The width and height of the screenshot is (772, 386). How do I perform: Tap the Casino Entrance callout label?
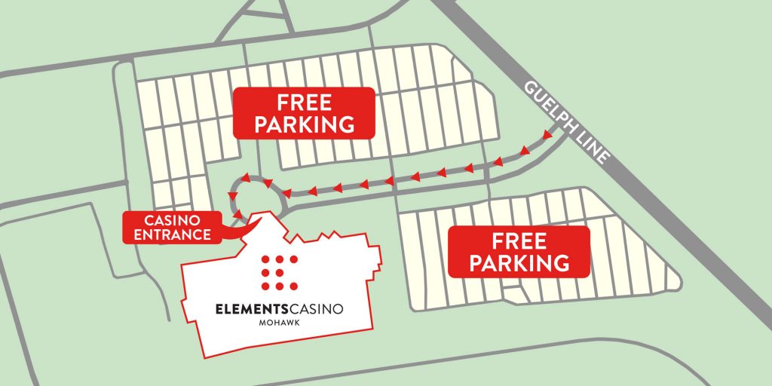(x=173, y=227)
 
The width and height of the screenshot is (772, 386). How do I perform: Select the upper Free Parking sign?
(x=304, y=113)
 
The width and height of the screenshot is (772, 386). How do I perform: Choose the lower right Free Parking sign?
(x=519, y=252)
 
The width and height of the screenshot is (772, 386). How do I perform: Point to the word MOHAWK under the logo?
(x=279, y=324)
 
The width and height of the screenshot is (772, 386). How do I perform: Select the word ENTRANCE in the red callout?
(x=173, y=234)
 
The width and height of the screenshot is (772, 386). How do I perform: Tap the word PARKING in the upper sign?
(x=304, y=124)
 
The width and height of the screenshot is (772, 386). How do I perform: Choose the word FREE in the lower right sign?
(x=519, y=241)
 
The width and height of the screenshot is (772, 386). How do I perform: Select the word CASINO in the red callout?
(x=173, y=220)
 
